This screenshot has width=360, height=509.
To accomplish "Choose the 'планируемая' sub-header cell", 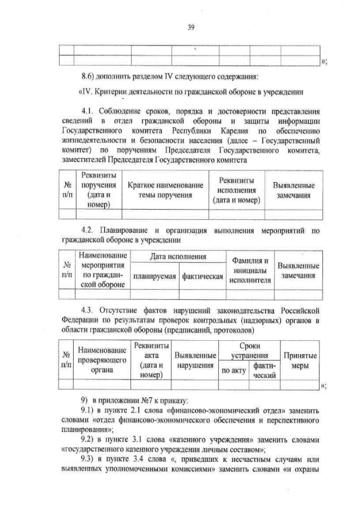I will [154, 277].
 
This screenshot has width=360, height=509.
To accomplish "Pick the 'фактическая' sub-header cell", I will [201, 277].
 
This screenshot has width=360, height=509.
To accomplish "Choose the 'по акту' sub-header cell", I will [233, 371].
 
